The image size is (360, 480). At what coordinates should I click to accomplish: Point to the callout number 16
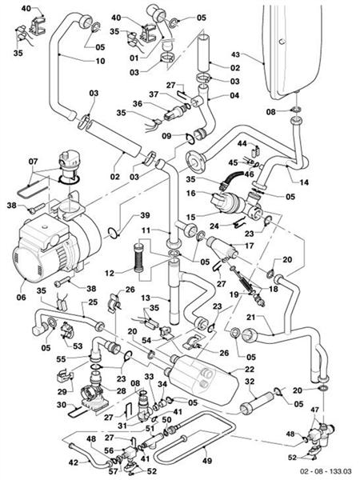[x=192, y=193]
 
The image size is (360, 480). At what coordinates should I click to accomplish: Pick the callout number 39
[x=144, y=215]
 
